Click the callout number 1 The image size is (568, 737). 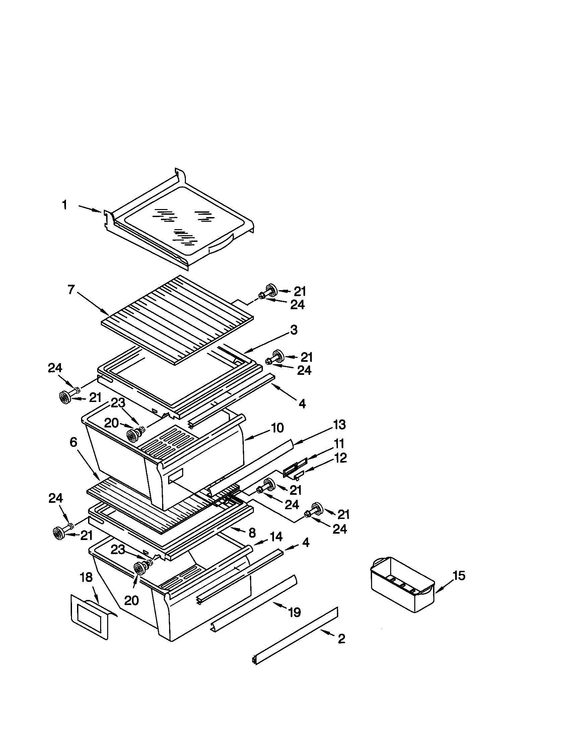(64, 205)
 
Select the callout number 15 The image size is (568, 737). (459, 576)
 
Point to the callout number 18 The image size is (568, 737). (86, 578)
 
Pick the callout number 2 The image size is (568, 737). (341, 639)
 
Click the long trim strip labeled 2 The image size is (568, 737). (295, 636)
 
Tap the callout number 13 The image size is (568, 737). (339, 424)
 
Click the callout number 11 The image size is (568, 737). (339, 443)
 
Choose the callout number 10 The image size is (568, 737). (277, 428)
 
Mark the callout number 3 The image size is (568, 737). (294, 330)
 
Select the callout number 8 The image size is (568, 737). (252, 533)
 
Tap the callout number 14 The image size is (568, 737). (276, 536)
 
